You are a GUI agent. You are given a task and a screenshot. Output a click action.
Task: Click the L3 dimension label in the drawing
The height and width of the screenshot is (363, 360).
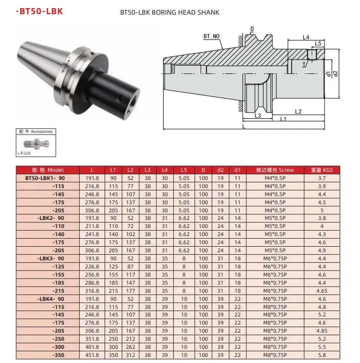pyautogui.click(x=257, y=115)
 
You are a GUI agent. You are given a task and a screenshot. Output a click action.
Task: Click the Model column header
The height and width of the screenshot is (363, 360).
pyautogui.click(x=48, y=170)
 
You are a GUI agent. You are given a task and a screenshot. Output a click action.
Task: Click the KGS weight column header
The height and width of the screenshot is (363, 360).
pyautogui.click(x=322, y=170)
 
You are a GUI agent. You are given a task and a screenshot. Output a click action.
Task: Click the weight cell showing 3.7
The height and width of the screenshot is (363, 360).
pyautogui.click(x=322, y=178)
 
